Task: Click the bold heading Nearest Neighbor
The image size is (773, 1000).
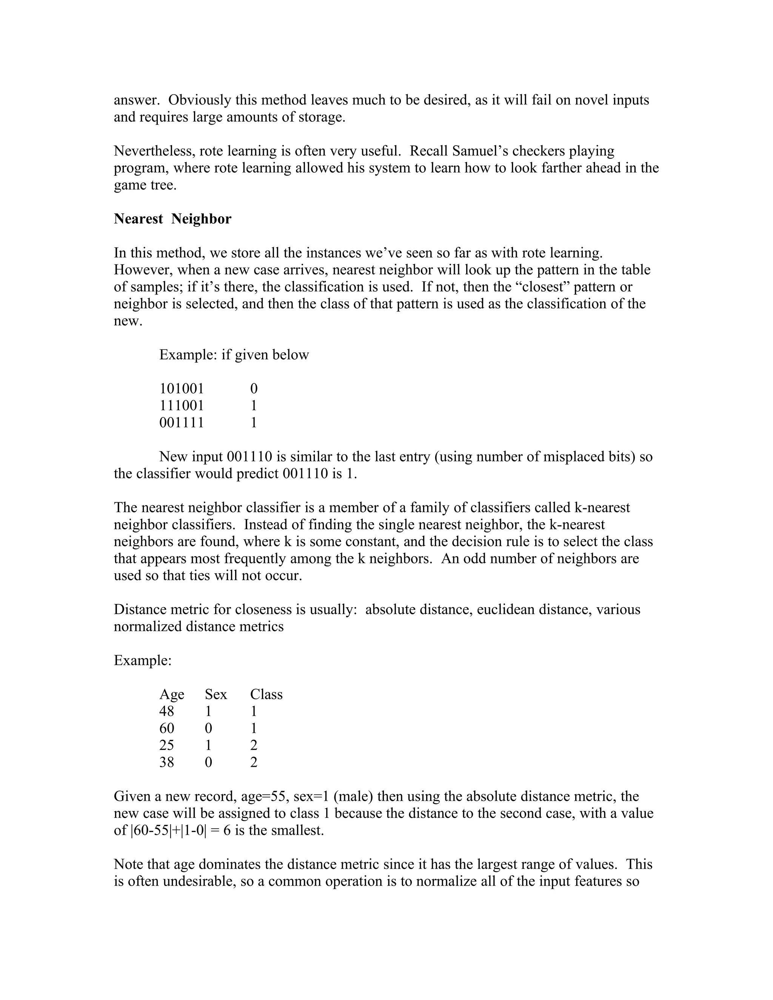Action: [x=172, y=219]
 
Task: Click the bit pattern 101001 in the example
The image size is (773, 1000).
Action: [x=181, y=389]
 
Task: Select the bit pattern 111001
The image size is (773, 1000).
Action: [x=181, y=406]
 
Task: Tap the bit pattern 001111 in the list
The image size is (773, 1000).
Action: [x=181, y=423]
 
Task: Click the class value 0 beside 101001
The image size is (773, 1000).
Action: [x=254, y=389]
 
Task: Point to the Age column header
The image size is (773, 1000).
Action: [x=172, y=695]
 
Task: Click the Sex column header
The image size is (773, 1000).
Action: [x=216, y=695]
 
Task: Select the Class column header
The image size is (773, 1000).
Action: [x=266, y=695]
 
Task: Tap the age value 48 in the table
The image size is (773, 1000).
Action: [x=167, y=712]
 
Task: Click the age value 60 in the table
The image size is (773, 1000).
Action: [x=167, y=728]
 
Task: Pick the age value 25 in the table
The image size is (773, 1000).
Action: [x=167, y=745]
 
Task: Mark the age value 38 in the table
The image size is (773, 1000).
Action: [x=167, y=762]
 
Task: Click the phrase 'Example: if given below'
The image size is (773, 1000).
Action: [x=234, y=355]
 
